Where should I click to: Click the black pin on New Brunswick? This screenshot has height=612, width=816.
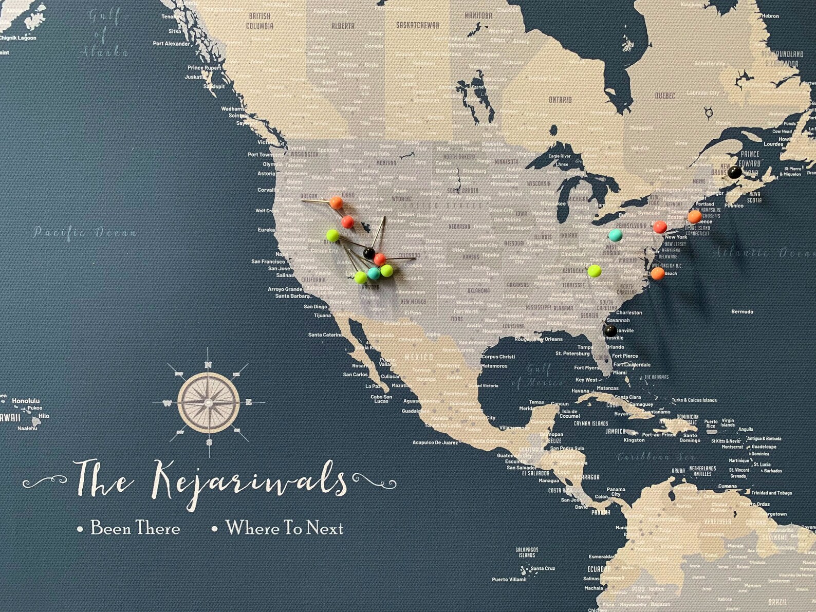[x=734, y=173]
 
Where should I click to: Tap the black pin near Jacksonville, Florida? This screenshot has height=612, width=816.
[x=610, y=330]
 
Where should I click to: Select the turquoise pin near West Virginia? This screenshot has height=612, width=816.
[x=615, y=235]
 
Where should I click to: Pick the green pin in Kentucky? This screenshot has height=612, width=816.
[x=595, y=270]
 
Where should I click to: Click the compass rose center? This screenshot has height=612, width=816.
[x=209, y=402]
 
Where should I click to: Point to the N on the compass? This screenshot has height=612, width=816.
[x=208, y=365]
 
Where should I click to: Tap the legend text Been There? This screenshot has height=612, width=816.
[x=135, y=528]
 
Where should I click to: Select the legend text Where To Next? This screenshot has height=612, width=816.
[x=284, y=528]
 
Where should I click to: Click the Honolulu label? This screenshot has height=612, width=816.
[x=26, y=401]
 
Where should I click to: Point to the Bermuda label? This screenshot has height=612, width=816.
[x=742, y=311]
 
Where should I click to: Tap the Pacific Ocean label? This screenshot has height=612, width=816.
[x=85, y=233]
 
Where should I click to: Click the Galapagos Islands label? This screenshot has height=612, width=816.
[x=527, y=552]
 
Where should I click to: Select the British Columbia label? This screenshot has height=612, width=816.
[x=259, y=21]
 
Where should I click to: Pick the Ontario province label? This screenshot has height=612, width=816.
[x=560, y=100]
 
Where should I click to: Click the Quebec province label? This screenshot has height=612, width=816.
[x=665, y=96]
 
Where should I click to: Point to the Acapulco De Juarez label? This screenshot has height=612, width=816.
[x=435, y=442]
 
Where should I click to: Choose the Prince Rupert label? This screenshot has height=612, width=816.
[x=204, y=68]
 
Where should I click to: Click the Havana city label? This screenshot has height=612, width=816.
[x=580, y=391]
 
